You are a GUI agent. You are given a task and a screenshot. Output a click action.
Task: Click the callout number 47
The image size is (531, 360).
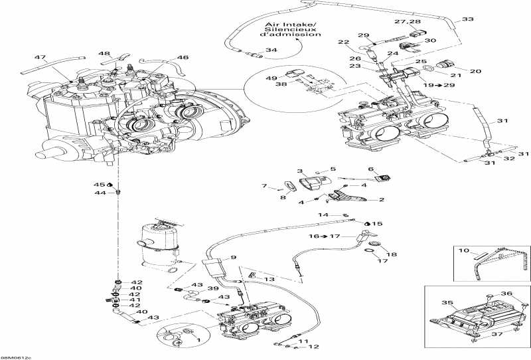point(40,58)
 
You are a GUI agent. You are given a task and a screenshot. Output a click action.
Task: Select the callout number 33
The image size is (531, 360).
point(469,20)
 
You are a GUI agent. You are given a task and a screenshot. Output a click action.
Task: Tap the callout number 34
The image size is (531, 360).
point(271,50)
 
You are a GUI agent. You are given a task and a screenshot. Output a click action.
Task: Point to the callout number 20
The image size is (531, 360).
point(475,71)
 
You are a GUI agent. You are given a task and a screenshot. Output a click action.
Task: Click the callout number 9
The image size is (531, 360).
point(234,258)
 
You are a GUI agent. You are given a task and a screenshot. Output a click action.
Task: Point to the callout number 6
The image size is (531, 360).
point(372,169)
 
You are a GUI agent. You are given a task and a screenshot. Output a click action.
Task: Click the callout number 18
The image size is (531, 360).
point(392,254)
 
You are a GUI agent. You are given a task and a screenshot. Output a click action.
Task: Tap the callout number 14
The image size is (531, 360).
point(323,215)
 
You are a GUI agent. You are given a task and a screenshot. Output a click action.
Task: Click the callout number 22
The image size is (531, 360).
point(342,43)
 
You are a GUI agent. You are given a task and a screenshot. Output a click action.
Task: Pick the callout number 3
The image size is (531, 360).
point(300,171)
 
